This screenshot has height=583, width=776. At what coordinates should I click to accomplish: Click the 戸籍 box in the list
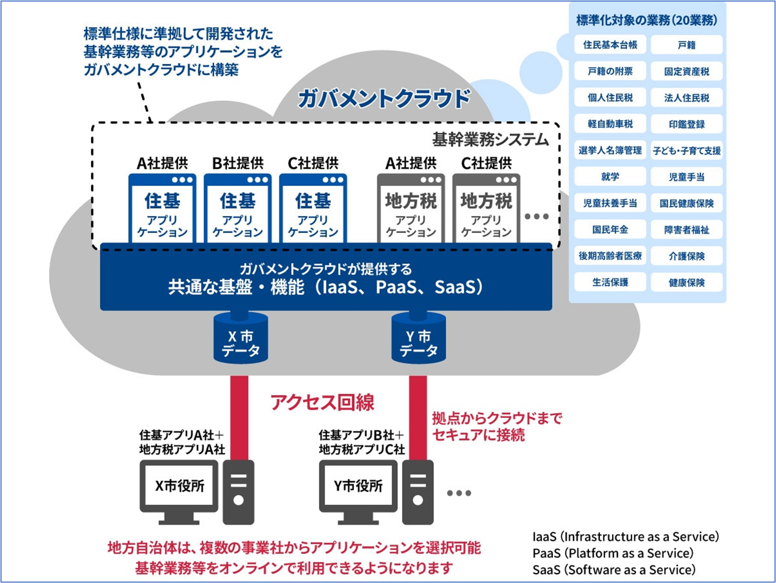[686, 45]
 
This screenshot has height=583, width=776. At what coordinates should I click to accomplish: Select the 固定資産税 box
[686, 71]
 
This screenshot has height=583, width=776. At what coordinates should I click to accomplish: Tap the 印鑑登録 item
[686, 124]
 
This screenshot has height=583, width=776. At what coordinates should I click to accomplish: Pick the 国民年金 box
[610, 229]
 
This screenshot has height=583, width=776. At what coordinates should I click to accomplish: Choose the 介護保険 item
[686, 256]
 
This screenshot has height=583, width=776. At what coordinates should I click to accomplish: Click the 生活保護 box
[610, 282]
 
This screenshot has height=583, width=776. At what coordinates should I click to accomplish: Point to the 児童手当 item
[686, 177]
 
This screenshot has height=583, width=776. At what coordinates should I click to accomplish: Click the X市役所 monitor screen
[179, 486]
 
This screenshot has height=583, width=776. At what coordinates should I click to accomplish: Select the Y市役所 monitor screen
[358, 486]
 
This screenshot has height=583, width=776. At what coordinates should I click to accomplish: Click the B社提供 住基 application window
[238, 209]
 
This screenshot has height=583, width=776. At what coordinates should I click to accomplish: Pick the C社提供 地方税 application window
[486, 209]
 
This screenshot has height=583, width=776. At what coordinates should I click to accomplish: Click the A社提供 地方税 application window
[411, 209]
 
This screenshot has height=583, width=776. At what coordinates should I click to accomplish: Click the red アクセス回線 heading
[323, 402]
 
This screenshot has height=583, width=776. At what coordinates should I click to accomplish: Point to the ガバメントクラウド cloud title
[384, 98]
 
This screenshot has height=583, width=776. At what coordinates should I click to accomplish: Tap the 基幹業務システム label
[490, 140]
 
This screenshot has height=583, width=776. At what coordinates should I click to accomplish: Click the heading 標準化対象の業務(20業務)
[647, 20]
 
